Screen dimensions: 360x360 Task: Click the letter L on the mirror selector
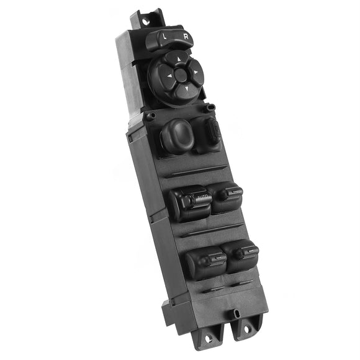(x=164, y=37)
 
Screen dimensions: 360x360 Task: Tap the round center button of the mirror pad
(x=181, y=75)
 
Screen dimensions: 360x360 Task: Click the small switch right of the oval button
(x=211, y=131)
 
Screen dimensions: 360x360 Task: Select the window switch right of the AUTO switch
(x=228, y=197)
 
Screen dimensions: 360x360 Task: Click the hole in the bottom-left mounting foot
(x=208, y=338)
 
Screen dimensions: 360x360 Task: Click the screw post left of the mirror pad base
(x=150, y=115)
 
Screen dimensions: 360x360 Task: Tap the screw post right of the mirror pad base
(x=210, y=107)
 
